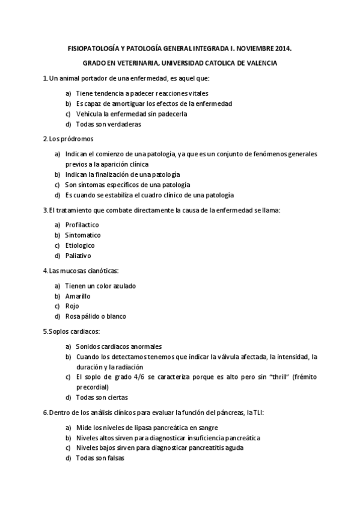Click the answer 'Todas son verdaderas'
click(x=109, y=124)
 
